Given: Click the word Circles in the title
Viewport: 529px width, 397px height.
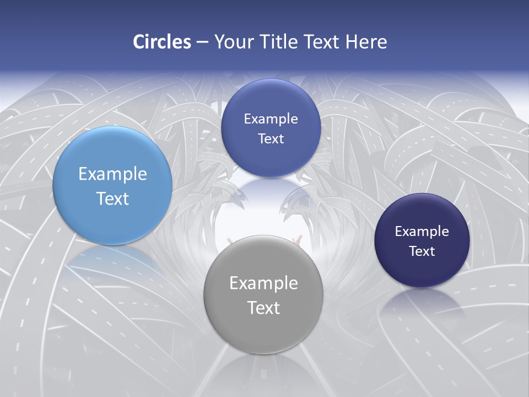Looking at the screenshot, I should pyautogui.click(x=161, y=42).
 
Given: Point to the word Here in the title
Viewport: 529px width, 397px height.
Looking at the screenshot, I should pyautogui.click(x=366, y=42).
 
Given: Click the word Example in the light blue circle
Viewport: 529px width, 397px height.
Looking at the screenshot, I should pyautogui.click(x=112, y=174).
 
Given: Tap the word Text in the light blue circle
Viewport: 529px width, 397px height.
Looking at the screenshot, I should pyautogui.click(x=112, y=198).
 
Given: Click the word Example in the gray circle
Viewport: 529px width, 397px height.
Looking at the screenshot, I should pyautogui.click(x=263, y=283).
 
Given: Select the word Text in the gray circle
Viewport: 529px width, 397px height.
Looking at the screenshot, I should pyautogui.click(x=263, y=308).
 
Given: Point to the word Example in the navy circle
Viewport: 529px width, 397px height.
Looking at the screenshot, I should pyautogui.click(x=422, y=232).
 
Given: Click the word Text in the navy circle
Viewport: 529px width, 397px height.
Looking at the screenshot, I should pyautogui.click(x=422, y=251).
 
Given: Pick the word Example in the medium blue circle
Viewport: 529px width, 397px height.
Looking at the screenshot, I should pyautogui.click(x=271, y=119).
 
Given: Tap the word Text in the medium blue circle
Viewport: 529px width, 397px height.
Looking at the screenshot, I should pyautogui.click(x=271, y=139).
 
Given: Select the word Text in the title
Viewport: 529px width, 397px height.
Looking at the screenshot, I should pyautogui.click(x=322, y=42).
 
